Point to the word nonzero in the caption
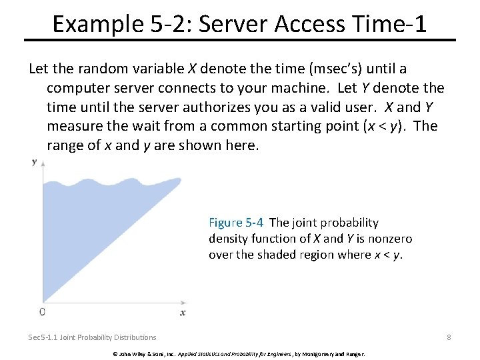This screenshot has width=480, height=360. pyautogui.click(x=391, y=239)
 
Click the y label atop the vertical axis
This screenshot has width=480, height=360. pyautogui.click(x=34, y=161)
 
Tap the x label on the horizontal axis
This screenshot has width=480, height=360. pyautogui.click(x=183, y=312)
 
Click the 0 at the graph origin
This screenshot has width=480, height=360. pyautogui.click(x=43, y=311)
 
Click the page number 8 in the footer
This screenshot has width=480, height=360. pyautogui.click(x=449, y=337)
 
